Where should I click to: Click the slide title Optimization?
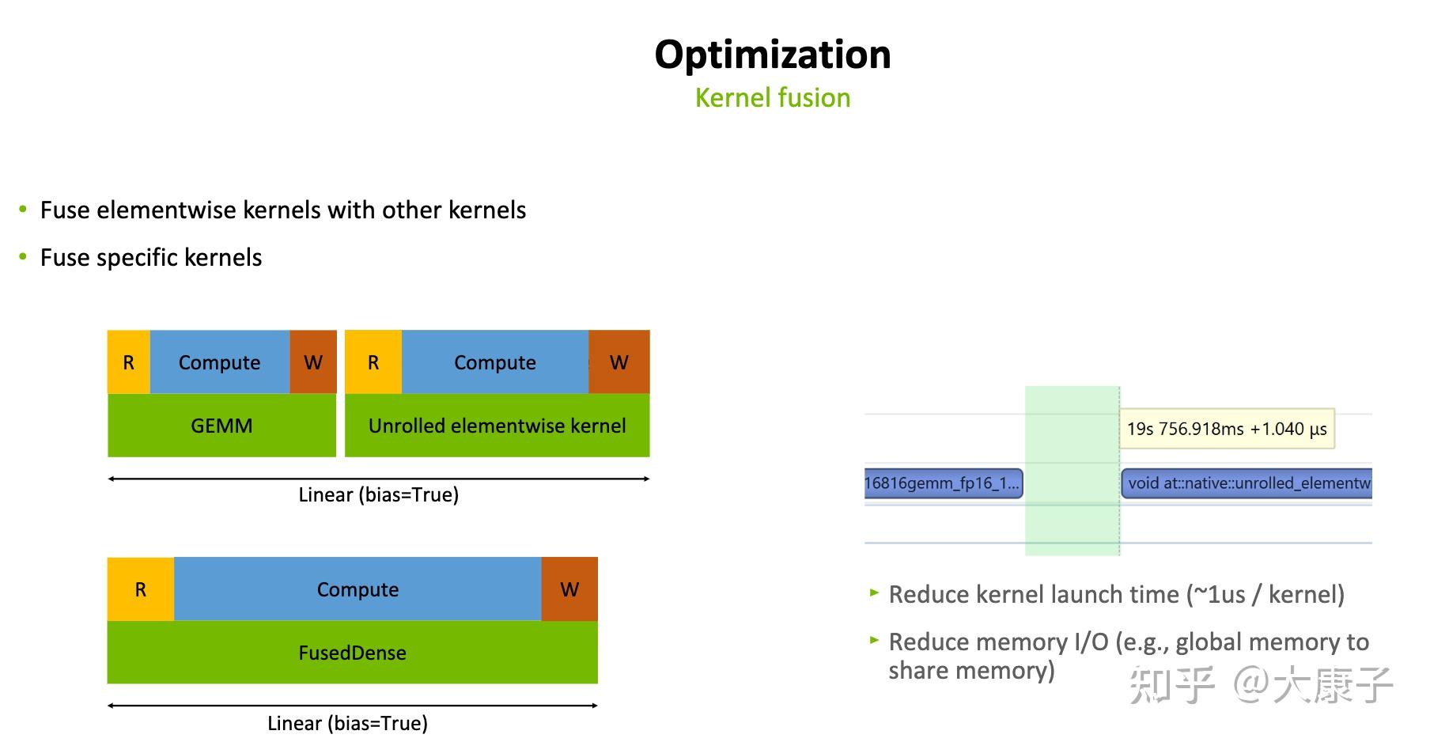click(x=773, y=55)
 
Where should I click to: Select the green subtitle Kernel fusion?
click(x=773, y=97)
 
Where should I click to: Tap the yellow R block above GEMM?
click(x=129, y=362)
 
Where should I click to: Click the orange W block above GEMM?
click(x=313, y=362)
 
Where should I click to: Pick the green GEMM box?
click(x=221, y=425)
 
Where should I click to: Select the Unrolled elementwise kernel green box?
click(x=497, y=425)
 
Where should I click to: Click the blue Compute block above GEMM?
click(x=220, y=362)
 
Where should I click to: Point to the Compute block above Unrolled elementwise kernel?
click(x=495, y=362)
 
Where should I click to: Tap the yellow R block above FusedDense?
click(x=141, y=589)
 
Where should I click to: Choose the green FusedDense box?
click(x=353, y=652)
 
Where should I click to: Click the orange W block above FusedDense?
click(x=569, y=589)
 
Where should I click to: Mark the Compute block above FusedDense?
click(x=357, y=589)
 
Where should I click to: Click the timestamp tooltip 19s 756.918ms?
click(x=1227, y=429)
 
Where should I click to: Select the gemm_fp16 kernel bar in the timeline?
click(x=944, y=483)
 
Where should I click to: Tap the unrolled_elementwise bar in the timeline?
click(x=1247, y=483)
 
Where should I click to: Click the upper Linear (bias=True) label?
click(x=379, y=494)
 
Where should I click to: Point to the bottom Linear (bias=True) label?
click(x=347, y=723)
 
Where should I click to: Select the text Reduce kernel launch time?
click(x=1034, y=594)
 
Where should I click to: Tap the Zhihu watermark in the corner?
click(x=1261, y=684)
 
